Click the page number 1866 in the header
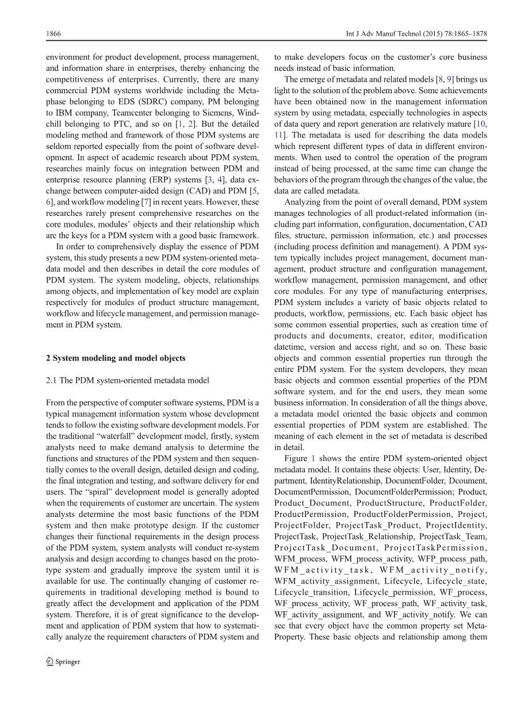(53, 34)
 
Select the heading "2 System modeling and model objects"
(116, 358)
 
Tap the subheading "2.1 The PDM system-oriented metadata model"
(128, 380)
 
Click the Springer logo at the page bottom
(63, 662)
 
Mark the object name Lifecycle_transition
(311, 592)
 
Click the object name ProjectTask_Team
(453, 536)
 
